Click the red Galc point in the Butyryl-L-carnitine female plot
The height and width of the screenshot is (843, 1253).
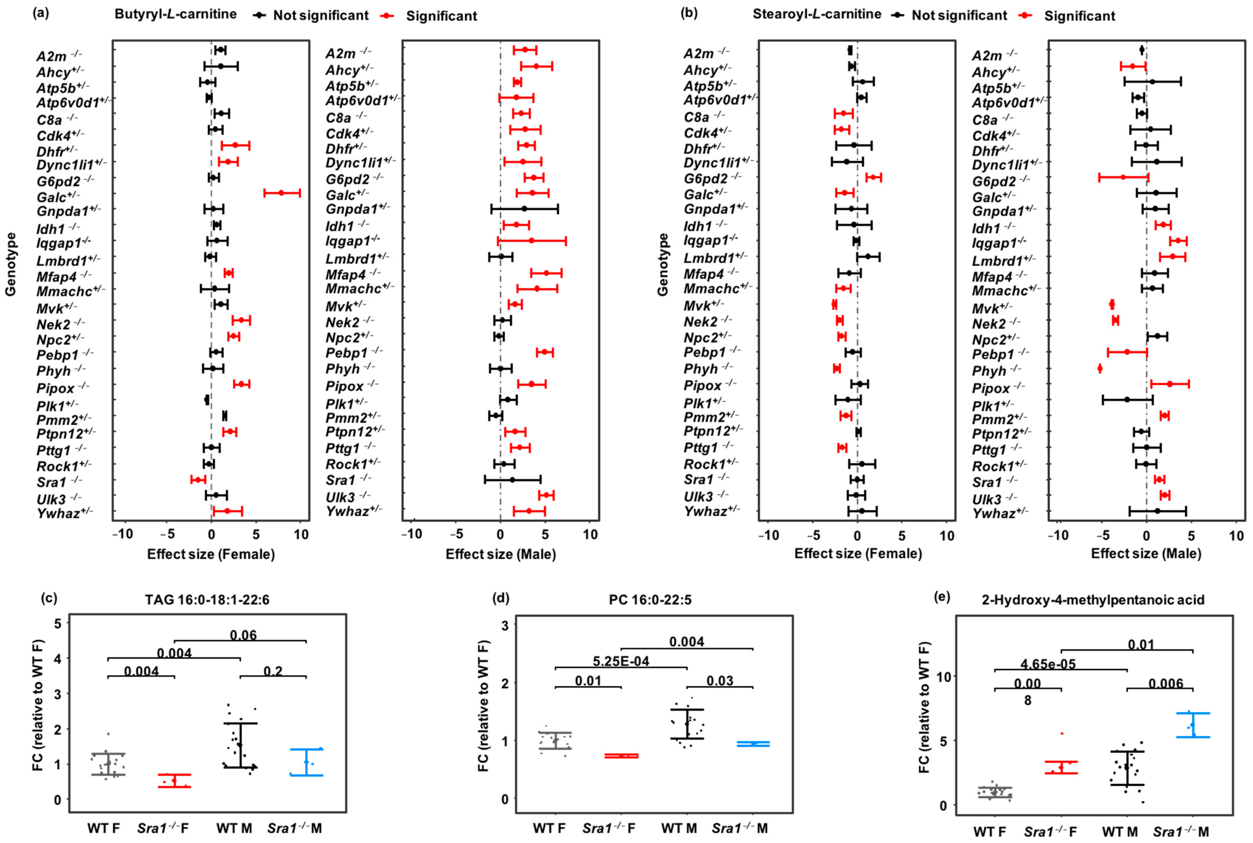[281, 192]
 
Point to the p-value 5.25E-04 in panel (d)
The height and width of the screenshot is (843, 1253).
[621, 661]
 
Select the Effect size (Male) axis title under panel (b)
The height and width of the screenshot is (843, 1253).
[1146, 554]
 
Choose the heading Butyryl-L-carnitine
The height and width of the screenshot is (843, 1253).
[175, 14]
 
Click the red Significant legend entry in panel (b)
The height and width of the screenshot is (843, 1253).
[1079, 16]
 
